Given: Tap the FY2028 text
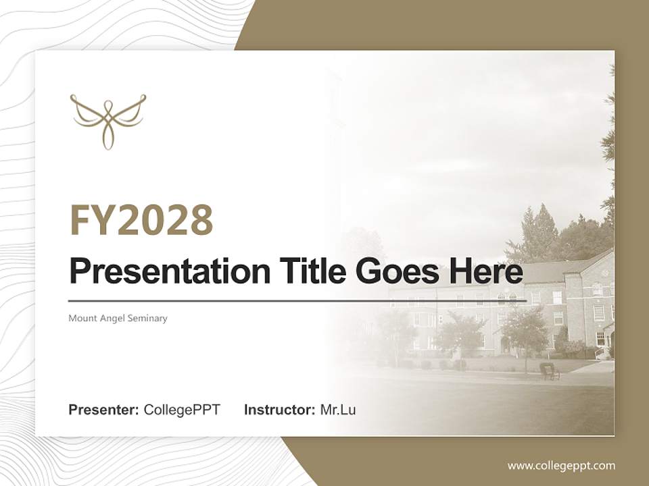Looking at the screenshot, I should (141, 220).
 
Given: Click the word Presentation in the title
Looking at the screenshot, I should (160, 272).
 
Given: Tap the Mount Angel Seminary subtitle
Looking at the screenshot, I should (118, 318).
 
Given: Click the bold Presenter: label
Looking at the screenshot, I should (104, 410).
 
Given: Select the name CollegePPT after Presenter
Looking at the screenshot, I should (182, 410).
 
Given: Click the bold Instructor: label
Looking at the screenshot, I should (279, 410).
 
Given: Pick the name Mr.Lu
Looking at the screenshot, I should (337, 410).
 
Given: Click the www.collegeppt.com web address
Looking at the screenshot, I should (561, 465).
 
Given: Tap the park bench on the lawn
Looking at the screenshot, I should (548, 371).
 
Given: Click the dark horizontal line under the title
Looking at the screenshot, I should (297, 300).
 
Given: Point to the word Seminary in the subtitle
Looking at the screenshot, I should (149, 318).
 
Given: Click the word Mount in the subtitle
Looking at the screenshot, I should (81, 318).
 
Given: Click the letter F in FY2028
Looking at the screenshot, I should (80, 220).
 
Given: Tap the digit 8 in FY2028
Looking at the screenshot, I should (199, 220).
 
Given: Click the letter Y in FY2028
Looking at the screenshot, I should (104, 220).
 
